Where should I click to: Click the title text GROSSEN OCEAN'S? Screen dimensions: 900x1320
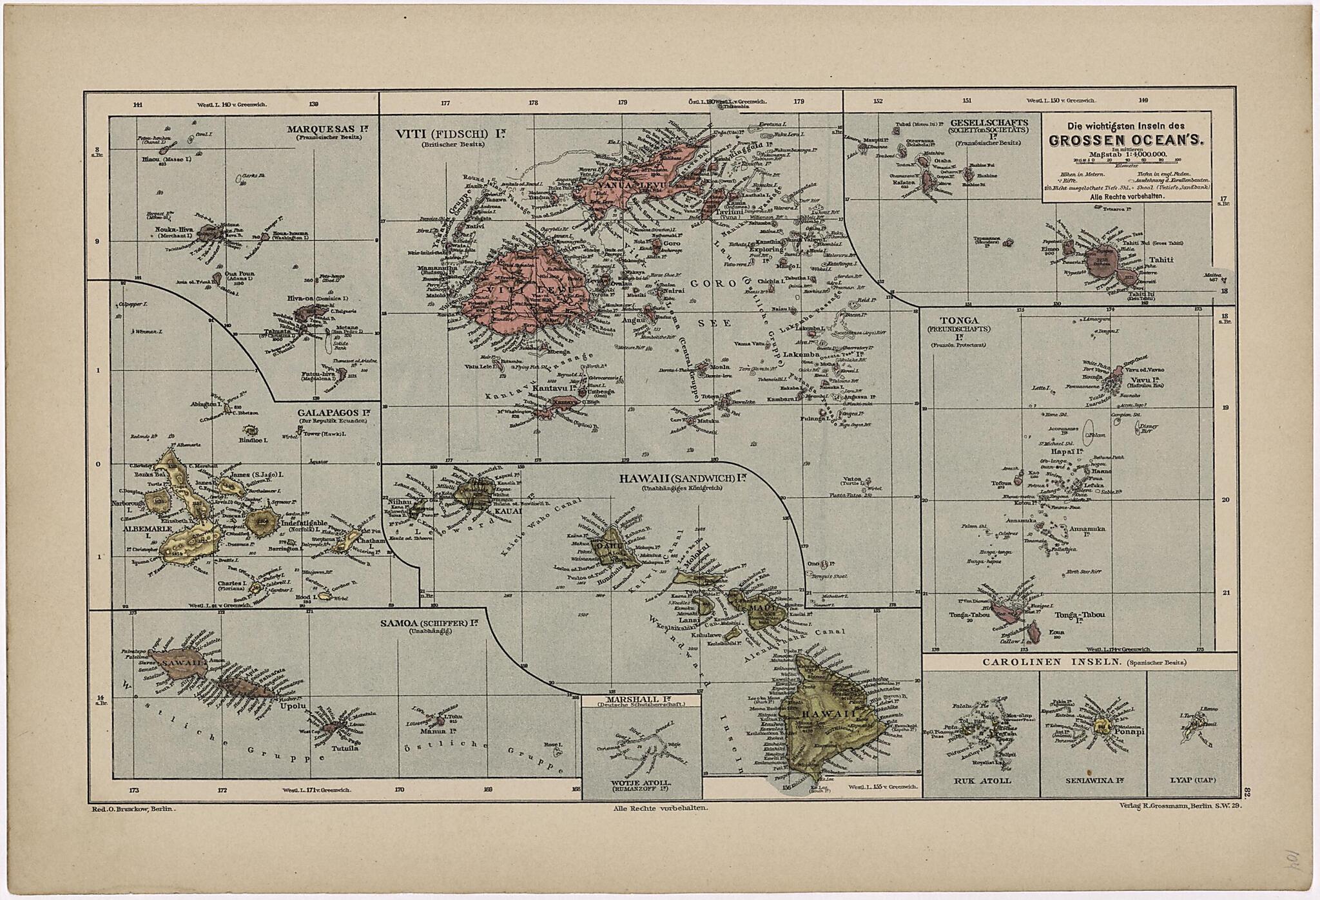coord(1125,140)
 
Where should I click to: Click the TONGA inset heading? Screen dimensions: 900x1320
coord(959,320)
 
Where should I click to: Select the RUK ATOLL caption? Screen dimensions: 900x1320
coord(983,780)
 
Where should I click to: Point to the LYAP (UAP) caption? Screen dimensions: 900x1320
coord(1193,780)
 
